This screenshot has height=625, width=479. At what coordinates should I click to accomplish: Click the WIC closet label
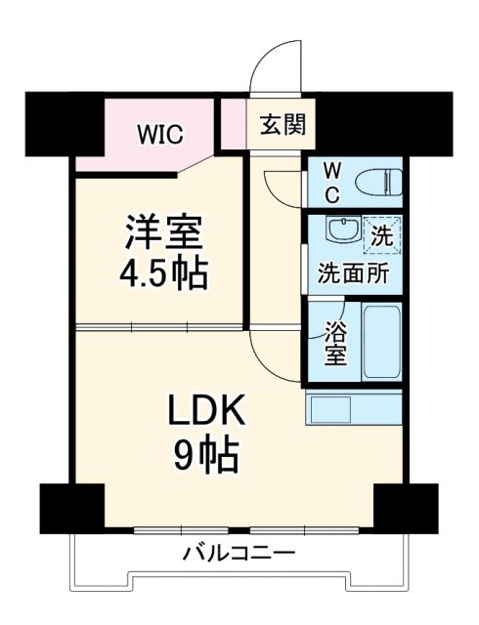click(x=159, y=135)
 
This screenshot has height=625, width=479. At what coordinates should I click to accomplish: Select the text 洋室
click(x=163, y=234)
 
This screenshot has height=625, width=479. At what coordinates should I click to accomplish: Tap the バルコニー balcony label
click(x=239, y=555)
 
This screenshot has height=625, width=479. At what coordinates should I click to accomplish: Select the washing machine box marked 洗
click(x=381, y=235)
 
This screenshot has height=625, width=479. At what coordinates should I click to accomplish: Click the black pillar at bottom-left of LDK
click(x=71, y=507)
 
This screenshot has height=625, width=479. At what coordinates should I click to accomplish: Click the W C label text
click(x=331, y=182)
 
